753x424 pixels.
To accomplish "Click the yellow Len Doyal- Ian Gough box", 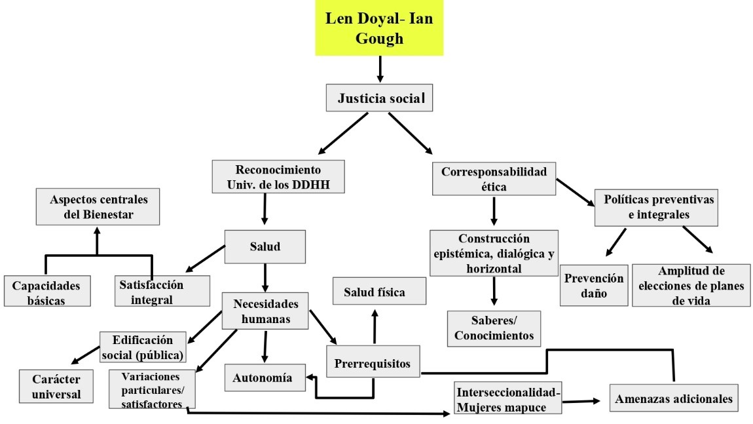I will (379, 28).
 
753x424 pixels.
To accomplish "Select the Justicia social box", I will (380, 99).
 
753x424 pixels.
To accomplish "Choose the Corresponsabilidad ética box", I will (493, 178).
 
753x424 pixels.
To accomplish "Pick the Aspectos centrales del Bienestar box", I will (97, 206).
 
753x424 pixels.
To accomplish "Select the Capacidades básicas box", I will (45, 292).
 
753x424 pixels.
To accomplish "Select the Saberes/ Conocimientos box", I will (494, 328).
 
